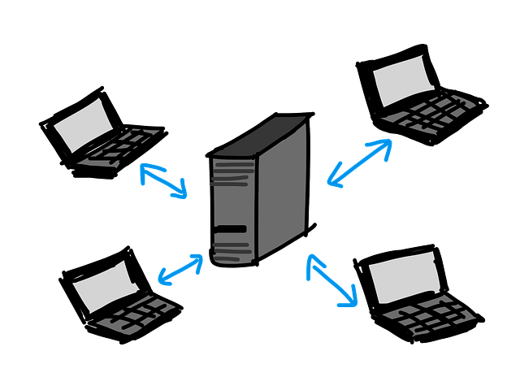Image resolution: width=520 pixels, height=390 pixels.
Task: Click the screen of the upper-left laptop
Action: coord(83,126)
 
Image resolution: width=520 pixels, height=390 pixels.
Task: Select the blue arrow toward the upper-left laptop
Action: coord(163,180)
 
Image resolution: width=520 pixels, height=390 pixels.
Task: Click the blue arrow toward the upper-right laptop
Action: coord(360,162)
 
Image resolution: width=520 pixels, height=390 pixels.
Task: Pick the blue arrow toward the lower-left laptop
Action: coord(180,269)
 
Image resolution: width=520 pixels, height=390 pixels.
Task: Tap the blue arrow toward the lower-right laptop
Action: coord(332,280)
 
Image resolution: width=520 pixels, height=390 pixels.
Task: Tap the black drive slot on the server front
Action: coord(232,230)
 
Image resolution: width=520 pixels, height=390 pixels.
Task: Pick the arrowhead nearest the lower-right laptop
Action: coord(350,299)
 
